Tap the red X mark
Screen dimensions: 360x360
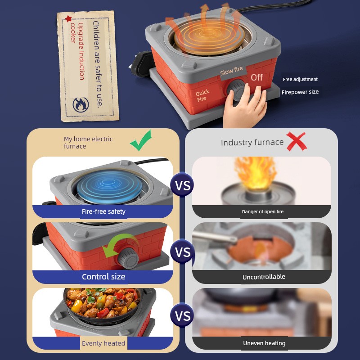(297, 141)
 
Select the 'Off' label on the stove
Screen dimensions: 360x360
(256, 77)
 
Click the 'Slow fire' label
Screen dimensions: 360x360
(231, 71)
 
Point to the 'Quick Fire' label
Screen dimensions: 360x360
(202, 95)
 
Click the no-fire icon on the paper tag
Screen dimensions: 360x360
(81, 105)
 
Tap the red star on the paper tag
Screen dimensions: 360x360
(68, 18)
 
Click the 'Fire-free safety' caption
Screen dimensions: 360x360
(103, 211)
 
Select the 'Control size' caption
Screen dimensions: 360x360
(103, 277)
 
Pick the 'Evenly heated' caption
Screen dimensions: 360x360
(103, 343)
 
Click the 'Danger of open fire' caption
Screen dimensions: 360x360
(263, 211)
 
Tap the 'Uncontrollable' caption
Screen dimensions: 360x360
(264, 277)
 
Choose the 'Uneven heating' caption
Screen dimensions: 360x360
(264, 343)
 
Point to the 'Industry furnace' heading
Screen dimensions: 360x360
(252, 142)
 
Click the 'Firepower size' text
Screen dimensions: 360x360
(300, 92)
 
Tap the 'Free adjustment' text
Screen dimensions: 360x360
(300, 80)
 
